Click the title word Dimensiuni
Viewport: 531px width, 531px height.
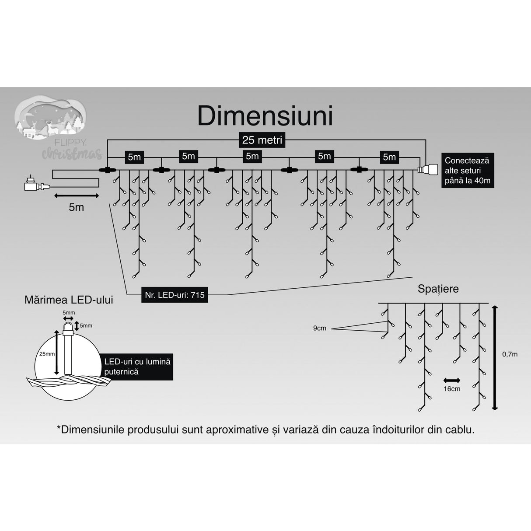(x=265, y=116)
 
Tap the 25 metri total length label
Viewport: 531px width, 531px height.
(x=262, y=140)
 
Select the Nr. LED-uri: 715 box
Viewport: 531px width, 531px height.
(x=175, y=295)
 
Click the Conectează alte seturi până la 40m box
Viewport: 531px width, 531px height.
(x=467, y=171)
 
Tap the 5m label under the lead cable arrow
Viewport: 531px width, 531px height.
(x=76, y=207)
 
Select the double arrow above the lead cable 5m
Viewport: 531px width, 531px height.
(x=76, y=196)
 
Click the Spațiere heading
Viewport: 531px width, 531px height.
(x=438, y=289)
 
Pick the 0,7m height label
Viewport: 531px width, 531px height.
(x=509, y=354)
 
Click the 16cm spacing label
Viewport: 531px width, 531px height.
(x=452, y=389)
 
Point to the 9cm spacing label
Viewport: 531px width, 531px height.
(x=319, y=328)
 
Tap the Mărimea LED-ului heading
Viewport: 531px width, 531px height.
(x=69, y=300)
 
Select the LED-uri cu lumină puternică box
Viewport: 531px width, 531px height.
(x=137, y=367)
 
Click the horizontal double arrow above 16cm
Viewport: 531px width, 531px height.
(x=452, y=380)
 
